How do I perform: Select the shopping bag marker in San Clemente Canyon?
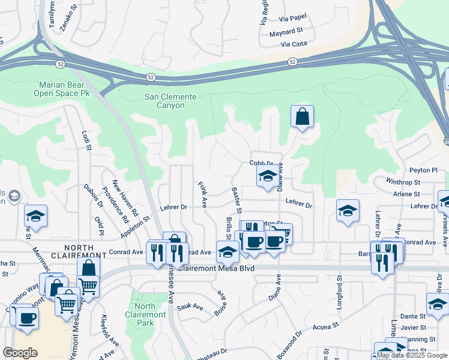pyautogui.click(x=303, y=116)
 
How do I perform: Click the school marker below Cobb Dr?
pyautogui.click(x=267, y=176)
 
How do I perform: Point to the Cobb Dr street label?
pyautogui.click(x=261, y=163)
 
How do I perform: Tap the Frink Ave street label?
pyautogui.click(x=202, y=195)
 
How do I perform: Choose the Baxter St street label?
pyautogui.click(x=236, y=200)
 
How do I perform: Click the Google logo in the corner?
pyautogui.click(x=20, y=353)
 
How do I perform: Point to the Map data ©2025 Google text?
pyautogui.click(x=411, y=355)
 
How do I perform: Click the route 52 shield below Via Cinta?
pyautogui.click(x=292, y=62)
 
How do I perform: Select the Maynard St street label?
pyautogui.click(x=286, y=31)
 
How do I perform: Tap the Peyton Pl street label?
pyautogui.click(x=429, y=170)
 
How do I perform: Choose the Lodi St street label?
pyautogui.click(x=87, y=139)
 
